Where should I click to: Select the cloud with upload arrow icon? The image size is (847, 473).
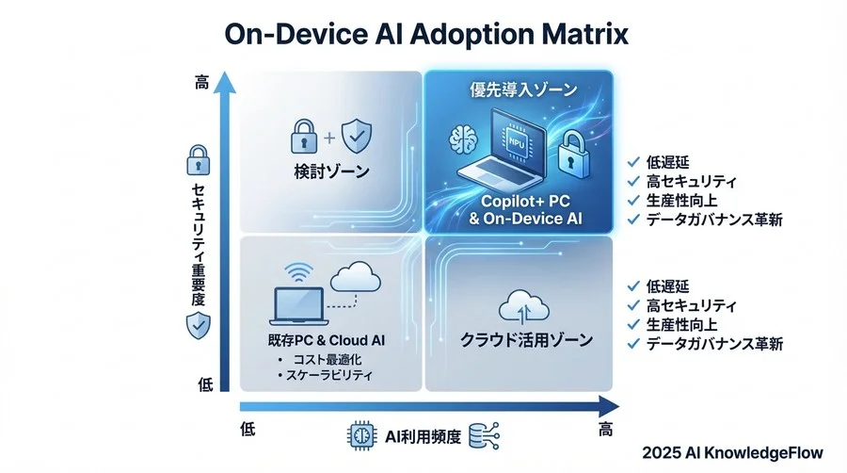pyautogui.click(x=520, y=305)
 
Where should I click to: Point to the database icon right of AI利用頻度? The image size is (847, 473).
pyautogui.click(x=487, y=434)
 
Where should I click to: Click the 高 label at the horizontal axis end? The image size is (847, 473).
pyautogui.click(x=606, y=430)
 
